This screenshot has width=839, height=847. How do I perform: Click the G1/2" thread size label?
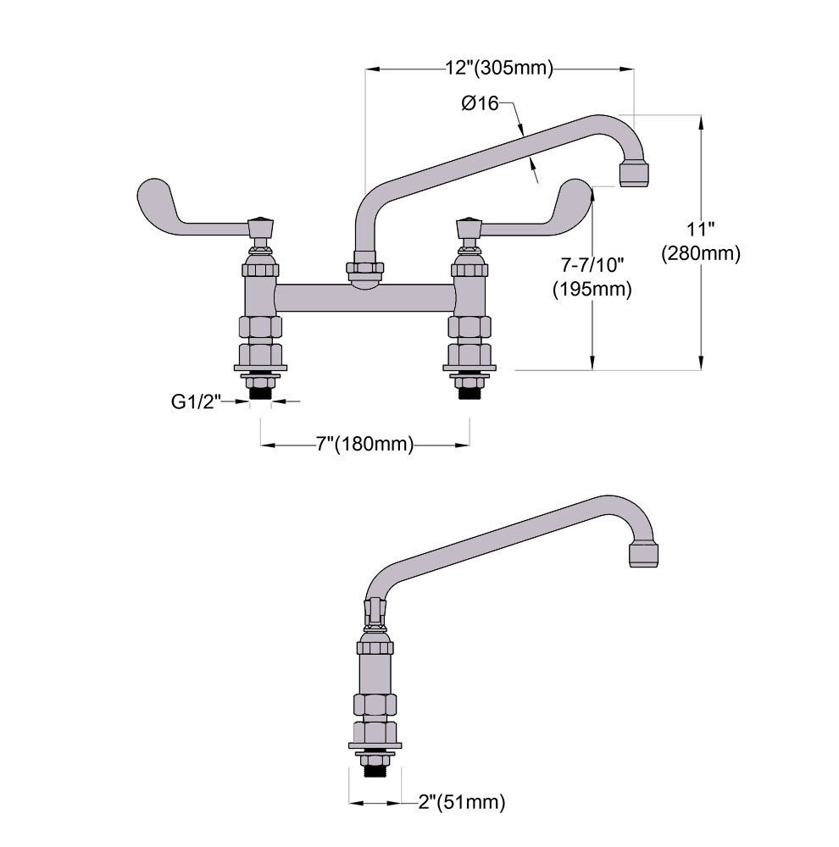pos(196,402)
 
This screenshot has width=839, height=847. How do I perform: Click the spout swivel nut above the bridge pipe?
pos(364,269)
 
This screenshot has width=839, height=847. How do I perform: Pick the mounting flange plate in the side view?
pos(375,752)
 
